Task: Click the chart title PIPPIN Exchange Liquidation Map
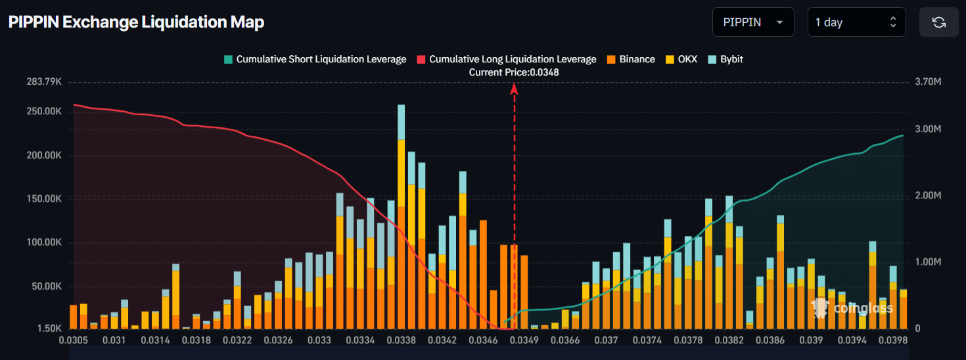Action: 136,22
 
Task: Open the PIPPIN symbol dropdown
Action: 752,22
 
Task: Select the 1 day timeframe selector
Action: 856,22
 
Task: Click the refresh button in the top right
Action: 938,22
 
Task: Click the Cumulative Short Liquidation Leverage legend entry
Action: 315,59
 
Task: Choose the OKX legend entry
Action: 681,59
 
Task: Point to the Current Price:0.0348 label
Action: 514,72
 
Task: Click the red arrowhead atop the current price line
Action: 515,89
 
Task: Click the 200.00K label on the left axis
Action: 45,156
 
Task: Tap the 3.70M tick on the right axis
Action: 927,82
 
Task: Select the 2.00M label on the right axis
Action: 927,196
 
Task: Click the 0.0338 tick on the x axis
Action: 401,340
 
